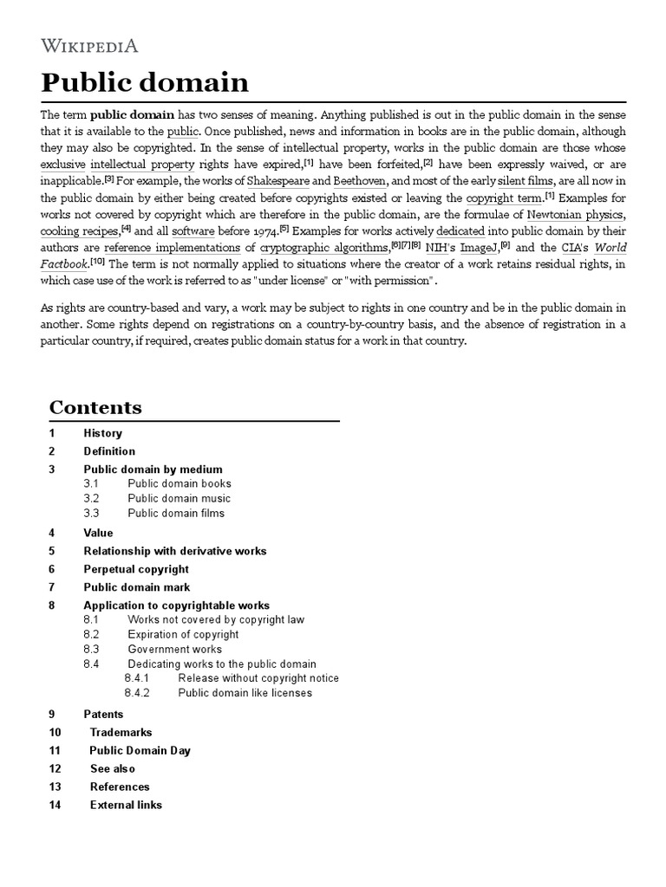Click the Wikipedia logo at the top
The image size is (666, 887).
pos(89,46)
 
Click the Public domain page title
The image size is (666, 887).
pos(145,82)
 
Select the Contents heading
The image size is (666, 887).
pos(95,407)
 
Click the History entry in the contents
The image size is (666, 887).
pos(102,433)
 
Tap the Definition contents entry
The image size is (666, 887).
pos(109,451)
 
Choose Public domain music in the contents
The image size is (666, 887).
pos(179,498)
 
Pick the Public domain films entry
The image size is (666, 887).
pos(176,513)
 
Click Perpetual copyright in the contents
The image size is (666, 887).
pos(135,569)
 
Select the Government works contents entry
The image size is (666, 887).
pos(174,649)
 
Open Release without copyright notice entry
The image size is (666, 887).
pos(258,678)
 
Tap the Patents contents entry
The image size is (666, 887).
pos(103,715)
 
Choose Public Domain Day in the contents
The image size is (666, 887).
pos(140,751)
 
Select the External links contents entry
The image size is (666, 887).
pos(126,805)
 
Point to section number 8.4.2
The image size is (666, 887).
pos(137,693)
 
